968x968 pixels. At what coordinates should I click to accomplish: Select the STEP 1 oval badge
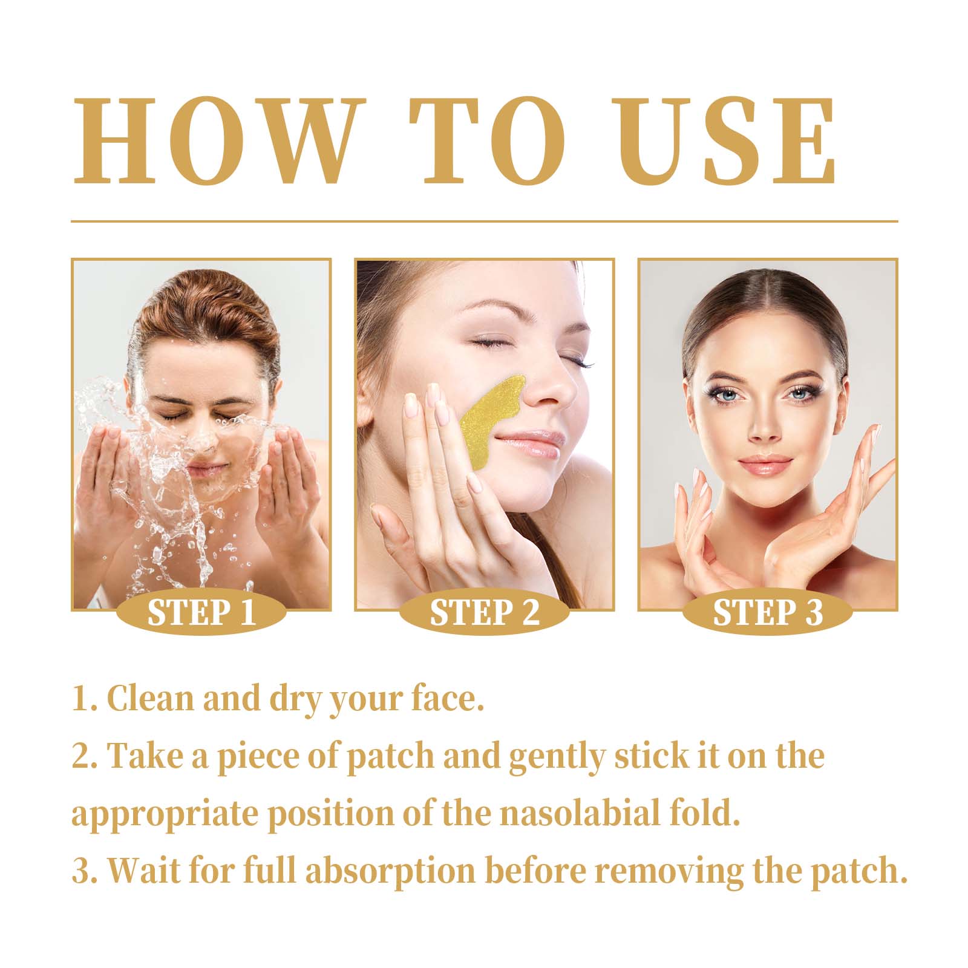coord(201,612)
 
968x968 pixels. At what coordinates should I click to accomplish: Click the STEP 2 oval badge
coord(484,612)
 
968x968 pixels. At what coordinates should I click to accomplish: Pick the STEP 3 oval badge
coord(767,612)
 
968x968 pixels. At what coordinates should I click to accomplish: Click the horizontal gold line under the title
coord(484,221)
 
